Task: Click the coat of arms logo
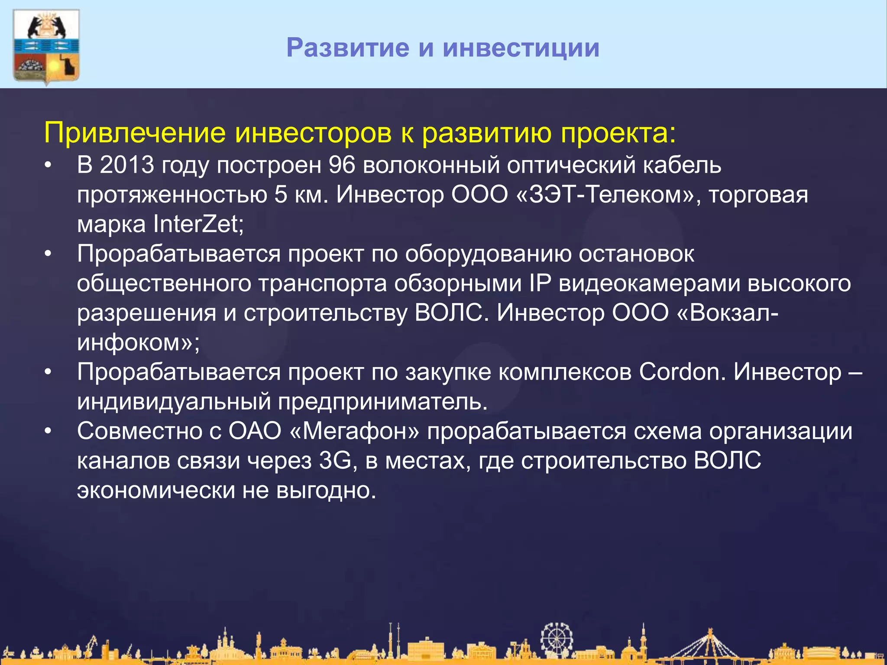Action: click(46, 47)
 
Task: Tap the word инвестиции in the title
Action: click(521, 48)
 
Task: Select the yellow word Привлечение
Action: click(135, 132)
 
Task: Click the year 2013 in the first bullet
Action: click(127, 165)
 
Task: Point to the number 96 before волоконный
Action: click(342, 165)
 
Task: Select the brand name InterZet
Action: click(198, 224)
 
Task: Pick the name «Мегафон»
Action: click(355, 431)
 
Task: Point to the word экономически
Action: click(156, 491)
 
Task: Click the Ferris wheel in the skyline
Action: click(557, 639)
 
